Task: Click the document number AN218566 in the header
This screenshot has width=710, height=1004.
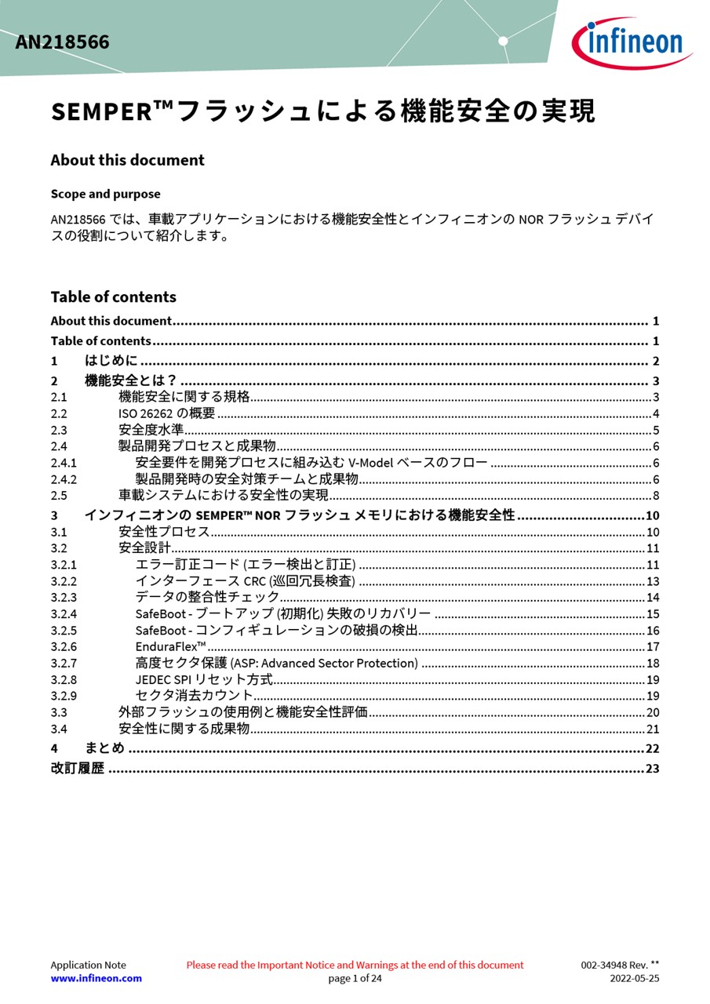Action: (63, 42)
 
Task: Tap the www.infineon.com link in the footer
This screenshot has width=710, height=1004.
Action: (96, 978)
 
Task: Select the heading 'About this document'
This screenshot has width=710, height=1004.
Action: (127, 160)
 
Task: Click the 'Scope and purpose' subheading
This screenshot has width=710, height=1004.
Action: (105, 194)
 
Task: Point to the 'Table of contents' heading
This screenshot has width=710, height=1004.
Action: (113, 296)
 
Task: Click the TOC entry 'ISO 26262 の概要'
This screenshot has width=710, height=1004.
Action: (166, 413)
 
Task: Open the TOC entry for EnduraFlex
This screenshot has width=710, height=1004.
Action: (170, 646)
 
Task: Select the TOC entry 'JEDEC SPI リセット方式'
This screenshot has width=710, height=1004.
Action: (204, 679)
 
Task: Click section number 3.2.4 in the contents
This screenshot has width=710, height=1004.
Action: (64, 614)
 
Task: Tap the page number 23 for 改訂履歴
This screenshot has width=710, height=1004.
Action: (652, 769)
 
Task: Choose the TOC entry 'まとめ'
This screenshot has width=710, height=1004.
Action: (104, 748)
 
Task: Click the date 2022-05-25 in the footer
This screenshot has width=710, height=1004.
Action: (634, 978)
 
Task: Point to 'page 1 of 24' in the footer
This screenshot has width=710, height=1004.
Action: (355, 978)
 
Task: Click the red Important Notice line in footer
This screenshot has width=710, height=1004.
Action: (355, 965)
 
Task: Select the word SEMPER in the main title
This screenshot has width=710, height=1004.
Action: (102, 112)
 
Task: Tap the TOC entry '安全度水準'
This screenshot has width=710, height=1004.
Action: (151, 430)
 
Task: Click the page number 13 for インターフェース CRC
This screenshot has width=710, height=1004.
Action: (652, 581)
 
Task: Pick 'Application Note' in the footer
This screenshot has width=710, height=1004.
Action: (88, 965)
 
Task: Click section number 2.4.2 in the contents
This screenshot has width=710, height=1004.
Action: (64, 479)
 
